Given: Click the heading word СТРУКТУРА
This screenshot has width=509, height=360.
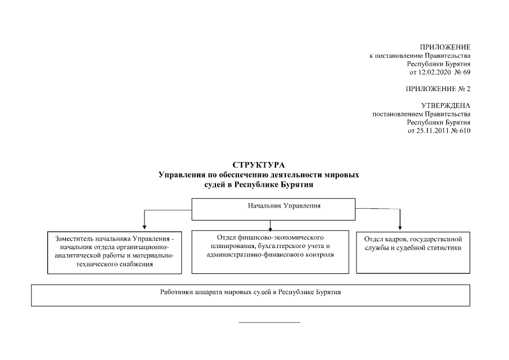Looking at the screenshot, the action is pyautogui.click(x=259, y=165).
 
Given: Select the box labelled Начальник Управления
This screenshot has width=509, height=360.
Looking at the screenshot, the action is pyautogui.click(x=273, y=209).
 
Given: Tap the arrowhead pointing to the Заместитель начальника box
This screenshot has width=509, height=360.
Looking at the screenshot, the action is pyautogui.click(x=145, y=227).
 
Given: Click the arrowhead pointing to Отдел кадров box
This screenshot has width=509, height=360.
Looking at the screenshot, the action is pyautogui.click(x=400, y=228).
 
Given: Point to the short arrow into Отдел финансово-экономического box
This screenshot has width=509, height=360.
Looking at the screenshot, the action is pyautogui.click(x=271, y=226).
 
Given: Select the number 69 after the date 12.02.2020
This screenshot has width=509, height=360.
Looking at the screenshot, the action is pyautogui.click(x=466, y=73).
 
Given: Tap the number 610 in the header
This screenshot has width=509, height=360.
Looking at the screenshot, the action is pyautogui.click(x=465, y=131).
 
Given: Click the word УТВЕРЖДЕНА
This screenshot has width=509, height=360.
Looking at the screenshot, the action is pyautogui.click(x=445, y=106).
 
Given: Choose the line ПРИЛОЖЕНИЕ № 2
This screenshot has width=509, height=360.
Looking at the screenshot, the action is pyautogui.click(x=438, y=89).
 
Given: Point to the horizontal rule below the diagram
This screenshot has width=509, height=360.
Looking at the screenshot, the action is pyautogui.click(x=269, y=323).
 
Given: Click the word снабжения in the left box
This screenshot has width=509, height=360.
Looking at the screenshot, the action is pyautogui.click(x=136, y=264).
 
